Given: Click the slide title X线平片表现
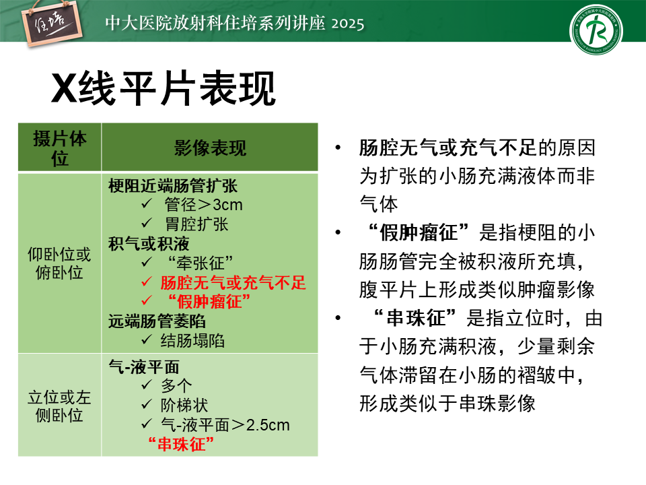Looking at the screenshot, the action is [163, 88].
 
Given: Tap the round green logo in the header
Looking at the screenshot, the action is [596, 30].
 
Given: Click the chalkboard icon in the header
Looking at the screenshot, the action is [52, 24].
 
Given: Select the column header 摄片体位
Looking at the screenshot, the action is [60, 148].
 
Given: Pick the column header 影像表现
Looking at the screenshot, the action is [210, 148].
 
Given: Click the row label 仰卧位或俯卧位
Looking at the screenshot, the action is [59, 263].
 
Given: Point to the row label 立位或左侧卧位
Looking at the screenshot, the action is [59, 406].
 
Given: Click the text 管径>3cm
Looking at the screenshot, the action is [203, 205].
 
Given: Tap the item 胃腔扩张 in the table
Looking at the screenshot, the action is [196, 224].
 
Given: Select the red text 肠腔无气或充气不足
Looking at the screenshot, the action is [234, 283].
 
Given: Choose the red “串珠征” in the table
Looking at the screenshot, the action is [181, 444].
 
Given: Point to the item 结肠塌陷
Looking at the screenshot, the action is [193, 341].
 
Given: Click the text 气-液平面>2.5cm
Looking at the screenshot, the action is [225, 425].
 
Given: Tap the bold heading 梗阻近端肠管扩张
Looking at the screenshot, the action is [173, 186].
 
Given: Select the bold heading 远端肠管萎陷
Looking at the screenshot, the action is [157, 321].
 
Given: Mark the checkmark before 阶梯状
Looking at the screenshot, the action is [147, 404].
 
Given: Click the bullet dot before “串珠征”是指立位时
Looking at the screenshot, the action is [338, 318].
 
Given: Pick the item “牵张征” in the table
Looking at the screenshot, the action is [201, 263].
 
